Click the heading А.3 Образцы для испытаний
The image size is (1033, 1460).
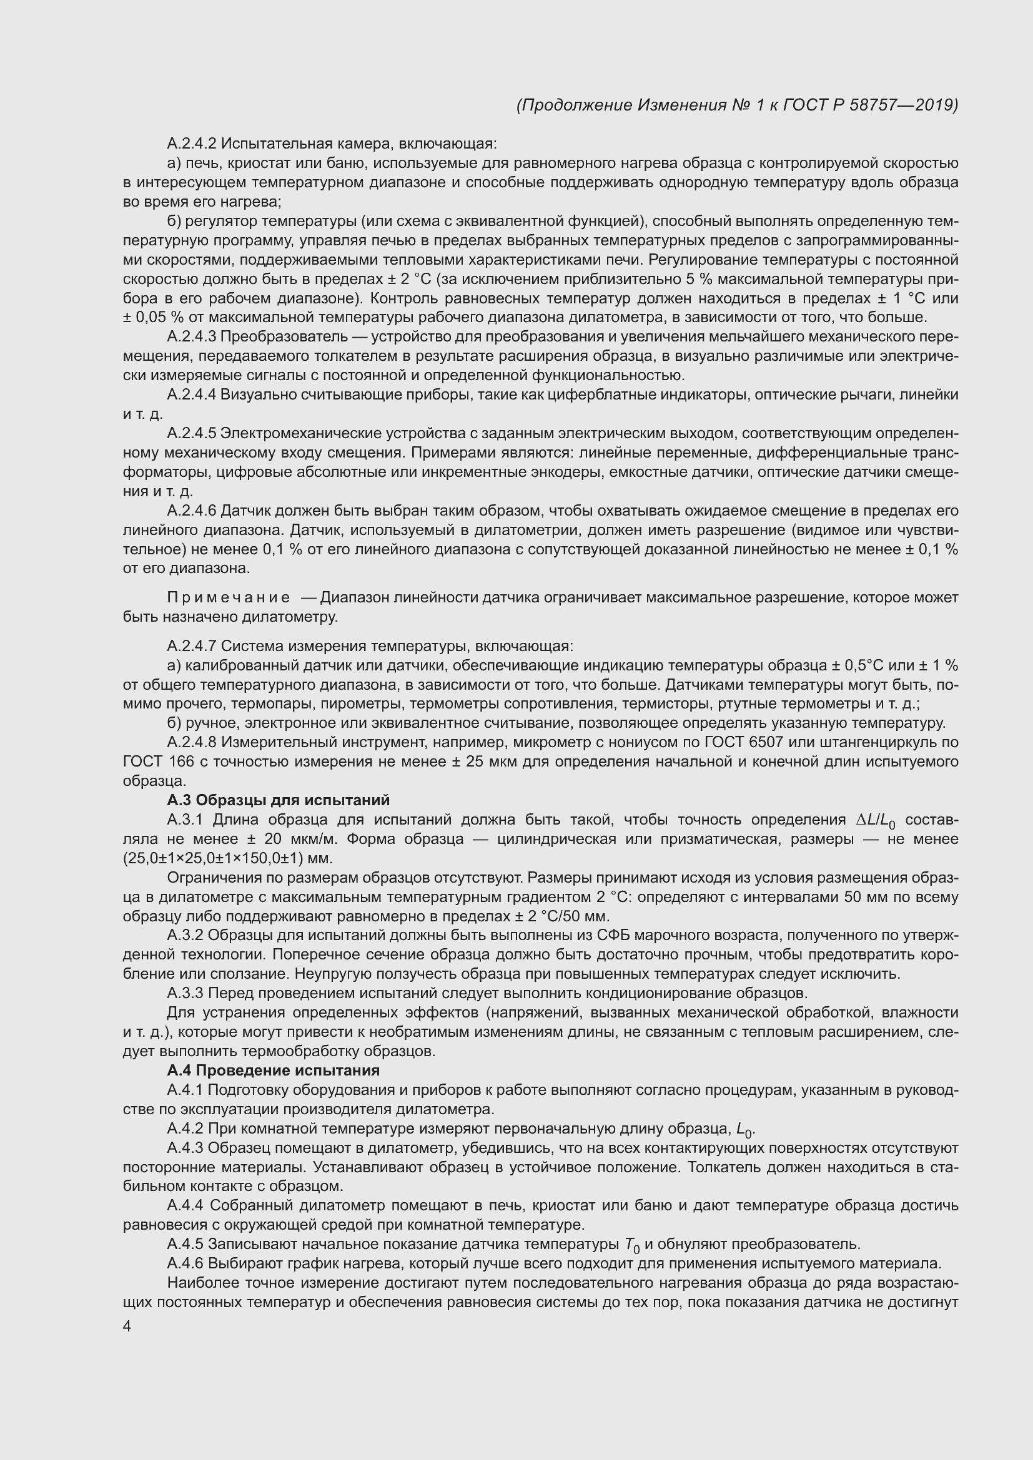tap(278, 800)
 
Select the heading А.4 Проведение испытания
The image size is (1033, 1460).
tap(273, 1071)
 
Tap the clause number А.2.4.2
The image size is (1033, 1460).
tap(192, 144)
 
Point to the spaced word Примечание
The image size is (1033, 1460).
tap(229, 598)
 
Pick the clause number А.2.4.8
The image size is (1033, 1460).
tap(192, 742)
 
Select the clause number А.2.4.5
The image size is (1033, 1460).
tap(192, 434)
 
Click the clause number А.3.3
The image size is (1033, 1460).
tap(185, 992)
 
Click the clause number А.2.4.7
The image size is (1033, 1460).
tap(192, 646)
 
